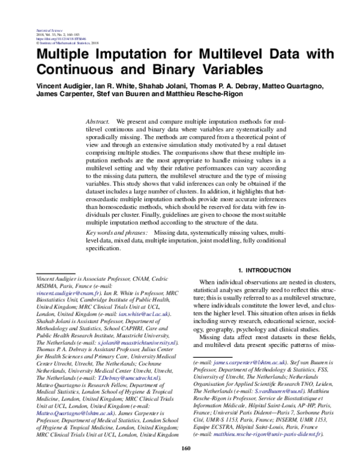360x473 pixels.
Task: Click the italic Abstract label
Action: tap(98, 121)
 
